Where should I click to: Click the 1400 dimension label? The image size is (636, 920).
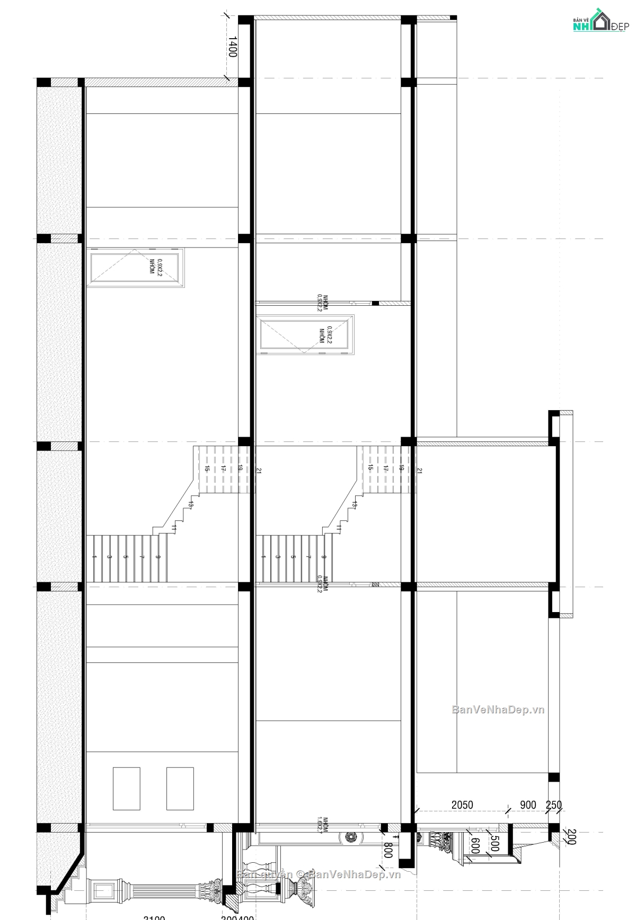coord(232,47)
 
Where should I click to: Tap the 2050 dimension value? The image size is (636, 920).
coord(462,804)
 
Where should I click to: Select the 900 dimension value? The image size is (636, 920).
coord(528,804)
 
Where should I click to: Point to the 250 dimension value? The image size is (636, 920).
coord(553,804)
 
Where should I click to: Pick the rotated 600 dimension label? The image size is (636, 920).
coord(475,846)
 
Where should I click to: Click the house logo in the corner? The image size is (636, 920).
coord(600,21)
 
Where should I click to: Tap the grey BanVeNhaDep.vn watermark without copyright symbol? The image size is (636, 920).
coord(498,710)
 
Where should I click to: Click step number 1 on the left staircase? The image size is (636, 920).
coord(94,557)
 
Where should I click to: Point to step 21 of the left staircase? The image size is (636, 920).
coord(259,470)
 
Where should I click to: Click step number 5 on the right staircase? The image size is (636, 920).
coord(292,557)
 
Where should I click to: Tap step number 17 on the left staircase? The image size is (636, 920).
coord(223,468)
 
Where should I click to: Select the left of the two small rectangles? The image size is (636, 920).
coord(127,788)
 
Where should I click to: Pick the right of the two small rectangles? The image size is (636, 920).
coord(180,788)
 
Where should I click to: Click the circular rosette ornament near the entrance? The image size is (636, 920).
coord(350,838)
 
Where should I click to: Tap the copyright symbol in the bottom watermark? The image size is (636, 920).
coord(300,874)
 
